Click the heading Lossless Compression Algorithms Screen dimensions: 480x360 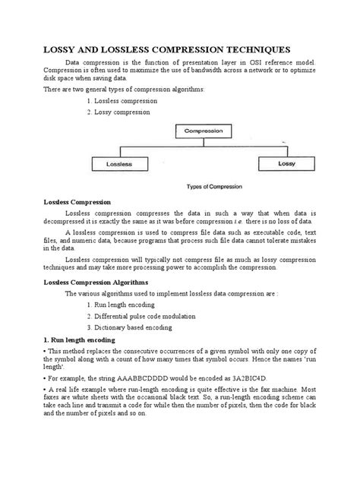point(95,281)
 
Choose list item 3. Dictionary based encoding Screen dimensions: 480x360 point(130,327)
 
